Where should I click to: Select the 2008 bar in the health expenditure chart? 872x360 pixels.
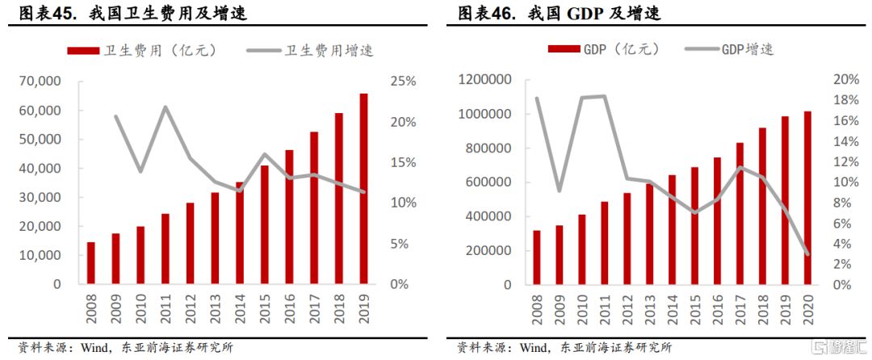click(x=90, y=263)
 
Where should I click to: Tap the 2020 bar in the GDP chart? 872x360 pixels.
click(x=807, y=198)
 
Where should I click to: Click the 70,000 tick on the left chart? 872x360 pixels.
click(x=40, y=82)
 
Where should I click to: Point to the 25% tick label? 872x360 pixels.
click(x=401, y=82)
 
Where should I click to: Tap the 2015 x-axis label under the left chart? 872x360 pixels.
click(x=264, y=310)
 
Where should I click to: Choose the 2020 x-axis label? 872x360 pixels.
click(x=808, y=310)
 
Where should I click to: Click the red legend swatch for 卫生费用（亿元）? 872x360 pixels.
click(x=84, y=50)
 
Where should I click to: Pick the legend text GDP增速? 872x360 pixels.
click(x=747, y=49)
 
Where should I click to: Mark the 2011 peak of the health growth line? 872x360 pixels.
click(x=165, y=107)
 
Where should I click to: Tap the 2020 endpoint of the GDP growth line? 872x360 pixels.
click(x=807, y=253)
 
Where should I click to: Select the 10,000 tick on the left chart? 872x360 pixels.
click(x=40, y=255)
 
